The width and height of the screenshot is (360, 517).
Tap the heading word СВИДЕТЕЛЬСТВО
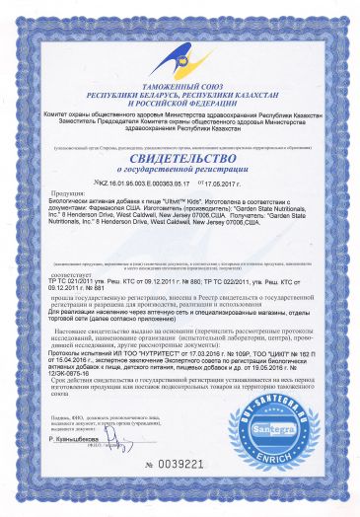(x=180, y=154)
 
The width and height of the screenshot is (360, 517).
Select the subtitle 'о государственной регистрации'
(x=180, y=170)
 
